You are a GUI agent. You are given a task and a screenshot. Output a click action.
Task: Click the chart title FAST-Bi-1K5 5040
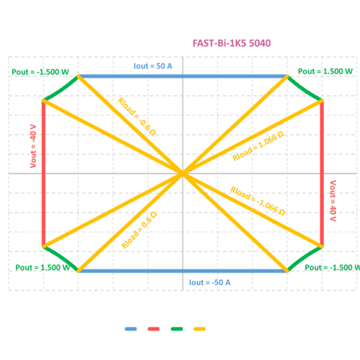[232, 43]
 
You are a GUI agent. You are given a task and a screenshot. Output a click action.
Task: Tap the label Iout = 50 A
[153, 66]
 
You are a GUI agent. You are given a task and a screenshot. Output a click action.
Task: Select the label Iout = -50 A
[210, 282]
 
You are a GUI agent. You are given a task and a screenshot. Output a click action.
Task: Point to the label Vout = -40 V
[34, 146]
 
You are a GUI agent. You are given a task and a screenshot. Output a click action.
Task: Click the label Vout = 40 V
[333, 201]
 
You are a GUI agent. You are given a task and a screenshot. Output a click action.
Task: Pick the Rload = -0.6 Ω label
[137, 117]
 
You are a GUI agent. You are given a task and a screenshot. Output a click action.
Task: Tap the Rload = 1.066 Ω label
[258, 146]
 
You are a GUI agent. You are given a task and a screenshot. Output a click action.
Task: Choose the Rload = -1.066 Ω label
[258, 201]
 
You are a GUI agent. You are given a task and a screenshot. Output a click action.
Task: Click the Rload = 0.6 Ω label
[139, 230]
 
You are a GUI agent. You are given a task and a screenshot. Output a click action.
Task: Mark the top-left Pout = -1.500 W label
[40, 72]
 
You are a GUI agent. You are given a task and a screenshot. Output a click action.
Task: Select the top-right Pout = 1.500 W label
[325, 71]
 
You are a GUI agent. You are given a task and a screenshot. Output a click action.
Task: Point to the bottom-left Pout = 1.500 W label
[43, 268]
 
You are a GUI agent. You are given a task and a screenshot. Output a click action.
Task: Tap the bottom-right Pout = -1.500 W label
[332, 268]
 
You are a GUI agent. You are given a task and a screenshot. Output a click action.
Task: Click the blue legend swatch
[130, 329]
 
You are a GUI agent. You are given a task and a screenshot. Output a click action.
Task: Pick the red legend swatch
[153, 329]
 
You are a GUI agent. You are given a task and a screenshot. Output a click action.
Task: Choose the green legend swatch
[177, 329]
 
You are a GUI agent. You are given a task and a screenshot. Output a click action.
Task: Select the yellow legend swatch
[199, 329]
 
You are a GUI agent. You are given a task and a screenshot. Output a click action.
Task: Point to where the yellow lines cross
[182, 173]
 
